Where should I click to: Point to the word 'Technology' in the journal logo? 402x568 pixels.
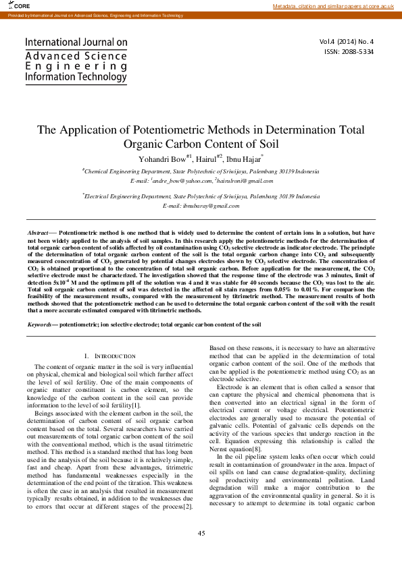101,77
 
